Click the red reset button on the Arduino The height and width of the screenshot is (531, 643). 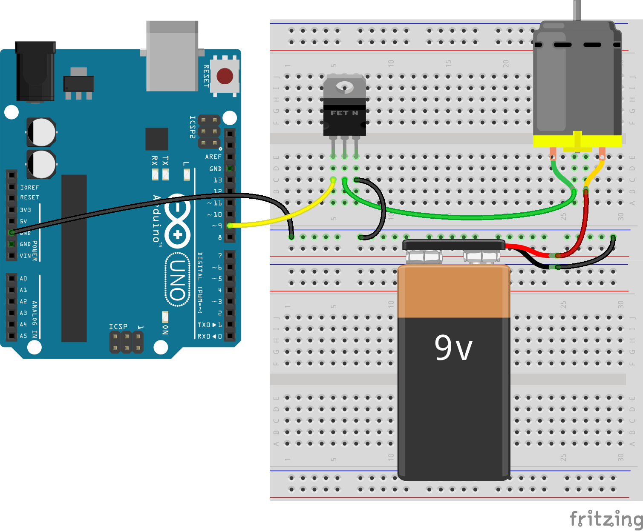tap(225, 76)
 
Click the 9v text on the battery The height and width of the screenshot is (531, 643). tap(453, 348)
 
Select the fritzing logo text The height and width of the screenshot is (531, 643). tap(606, 519)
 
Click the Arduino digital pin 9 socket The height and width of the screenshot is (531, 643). tap(230, 226)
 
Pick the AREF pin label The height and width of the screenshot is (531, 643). tap(213, 157)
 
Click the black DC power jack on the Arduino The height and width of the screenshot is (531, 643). tap(35, 71)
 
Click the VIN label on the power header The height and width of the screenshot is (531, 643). tap(25, 256)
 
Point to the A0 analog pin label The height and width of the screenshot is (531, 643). tap(23, 279)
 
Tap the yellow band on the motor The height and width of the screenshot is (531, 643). tap(577, 141)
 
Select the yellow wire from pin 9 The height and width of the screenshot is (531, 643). tap(281, 219)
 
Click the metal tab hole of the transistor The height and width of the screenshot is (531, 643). tap(344, 87)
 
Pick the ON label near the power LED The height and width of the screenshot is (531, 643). tap(166, 330)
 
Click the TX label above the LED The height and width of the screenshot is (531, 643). tap(165, 160)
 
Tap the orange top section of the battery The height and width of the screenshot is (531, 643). tap(453, 291)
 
